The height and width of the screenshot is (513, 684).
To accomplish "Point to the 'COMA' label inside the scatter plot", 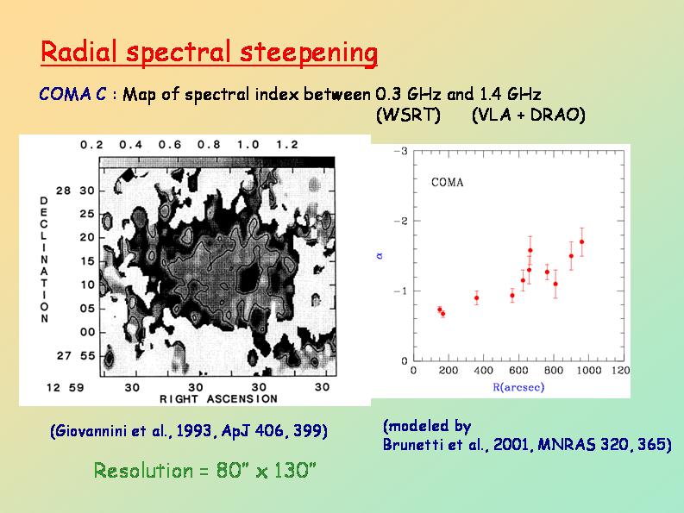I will click(447, 182).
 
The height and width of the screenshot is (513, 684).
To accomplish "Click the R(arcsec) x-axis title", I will click(518, 387).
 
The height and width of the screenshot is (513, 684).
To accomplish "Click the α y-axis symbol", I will click(376, 255).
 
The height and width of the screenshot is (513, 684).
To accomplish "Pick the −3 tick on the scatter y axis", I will click(401, 152).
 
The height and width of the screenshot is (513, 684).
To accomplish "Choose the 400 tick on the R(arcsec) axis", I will click(484, 370).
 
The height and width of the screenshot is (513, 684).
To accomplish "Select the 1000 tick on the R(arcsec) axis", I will click(589, 370).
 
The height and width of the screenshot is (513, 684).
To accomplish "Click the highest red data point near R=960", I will click(582, 242).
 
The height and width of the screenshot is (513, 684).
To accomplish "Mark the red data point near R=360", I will click(476, 298).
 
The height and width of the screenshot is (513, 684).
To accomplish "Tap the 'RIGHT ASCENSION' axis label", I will click(218, 399).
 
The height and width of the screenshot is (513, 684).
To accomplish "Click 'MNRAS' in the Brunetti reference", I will click(562, 445).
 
